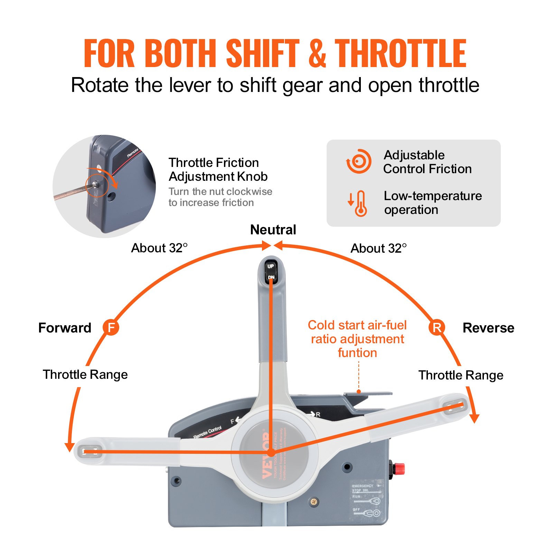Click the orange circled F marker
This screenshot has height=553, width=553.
point(111,327)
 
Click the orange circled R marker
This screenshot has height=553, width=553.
point(437,327)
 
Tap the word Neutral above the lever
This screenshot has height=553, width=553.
point(273,230)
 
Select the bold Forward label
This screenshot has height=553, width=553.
point(65,328)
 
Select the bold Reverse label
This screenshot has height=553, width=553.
point(488,328)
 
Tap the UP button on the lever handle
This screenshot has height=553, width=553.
point(271,266)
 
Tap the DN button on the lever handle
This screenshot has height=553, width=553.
point(271,277)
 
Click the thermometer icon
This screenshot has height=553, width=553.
point(360,204)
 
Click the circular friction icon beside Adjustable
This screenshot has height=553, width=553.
point(359,161)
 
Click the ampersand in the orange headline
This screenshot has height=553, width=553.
point(317,53)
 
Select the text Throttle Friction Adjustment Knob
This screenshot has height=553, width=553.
point(218,169)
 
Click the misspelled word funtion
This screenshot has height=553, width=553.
point(357,353)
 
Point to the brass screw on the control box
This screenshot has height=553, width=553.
point(314,502)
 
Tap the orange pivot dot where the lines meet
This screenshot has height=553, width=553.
point(271,453)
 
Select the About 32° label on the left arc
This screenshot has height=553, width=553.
point(159,248)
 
